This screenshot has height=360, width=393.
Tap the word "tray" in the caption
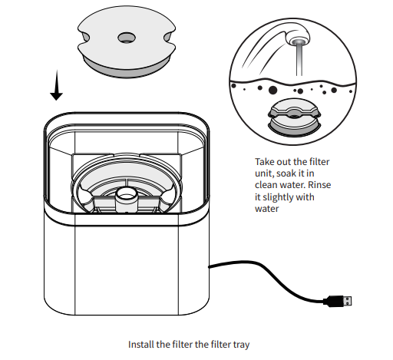pos(239,345)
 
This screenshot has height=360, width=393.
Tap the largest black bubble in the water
pos(272,91)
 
